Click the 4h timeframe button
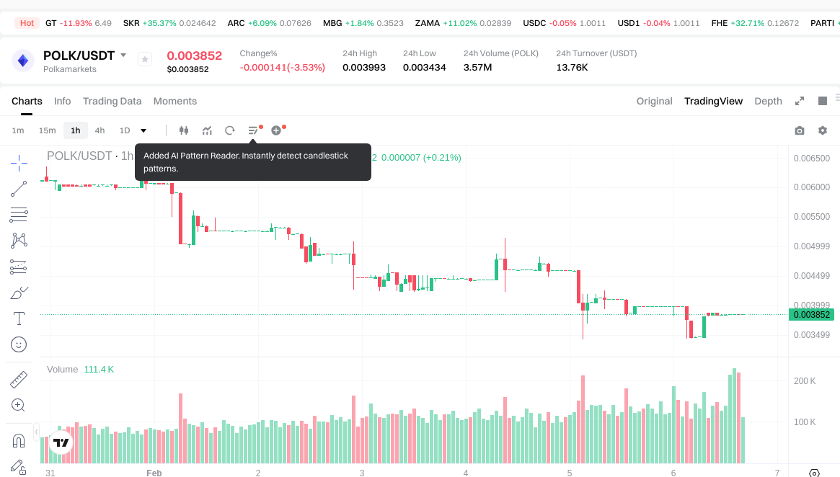tap(100, 130)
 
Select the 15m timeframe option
tap(47, 130)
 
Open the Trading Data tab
tap(112, 101)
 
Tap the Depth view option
tap(768, 101)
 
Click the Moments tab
tap(175, 101)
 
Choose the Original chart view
tap(654, 101)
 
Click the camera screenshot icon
tap(799, 130)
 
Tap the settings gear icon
tap(823, 130)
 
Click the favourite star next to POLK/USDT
tap(144, 60)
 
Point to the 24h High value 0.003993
tap(364, 67)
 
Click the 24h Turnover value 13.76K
tap(572, 67)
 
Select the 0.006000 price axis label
tap(811, 187)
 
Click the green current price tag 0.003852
tap(812, 314)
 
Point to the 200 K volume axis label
tap(804, 380)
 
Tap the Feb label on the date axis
tap(154, 473)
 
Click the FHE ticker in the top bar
tap(719, 23)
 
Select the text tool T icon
tap(19, 318)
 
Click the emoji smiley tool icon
tap(19, 344)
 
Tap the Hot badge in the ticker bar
tap(27, 23)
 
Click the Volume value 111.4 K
tap(99, 369)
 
